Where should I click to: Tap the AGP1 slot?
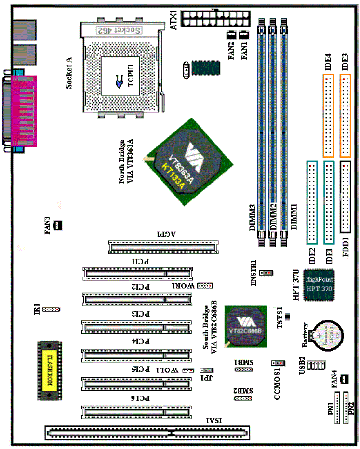(162, 247)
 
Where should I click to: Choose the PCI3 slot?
(138, 329)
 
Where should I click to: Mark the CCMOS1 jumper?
(277, 363)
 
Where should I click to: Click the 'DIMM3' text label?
(253, 219)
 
